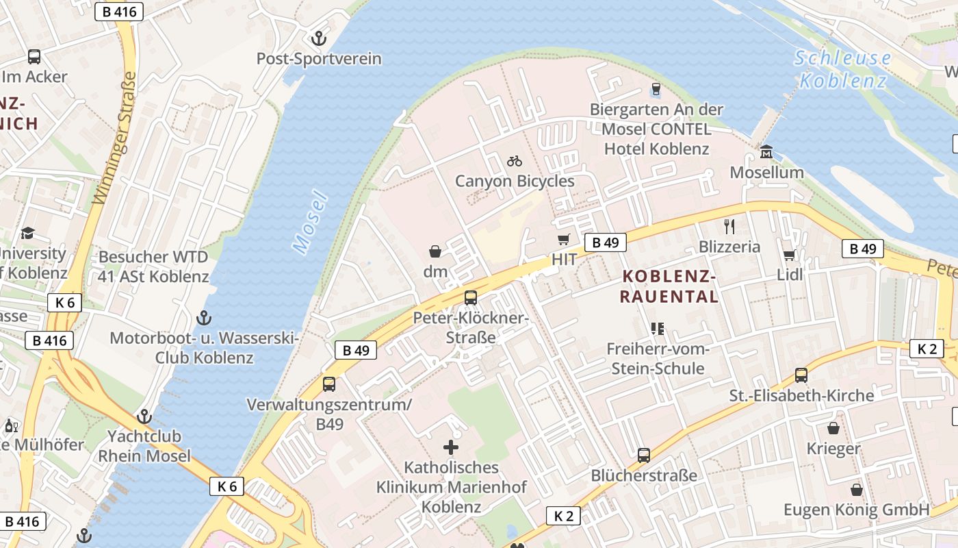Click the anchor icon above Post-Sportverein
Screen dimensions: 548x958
(x=319, y=38)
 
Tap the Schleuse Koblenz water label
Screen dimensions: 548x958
(x=843, y=69)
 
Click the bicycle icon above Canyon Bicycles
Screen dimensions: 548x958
(x=515, y=161)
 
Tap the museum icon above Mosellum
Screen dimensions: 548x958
(x=766, y=151)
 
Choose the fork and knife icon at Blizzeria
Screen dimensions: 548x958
(x=729, y=227)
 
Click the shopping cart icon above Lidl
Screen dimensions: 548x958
(x=789, y=255)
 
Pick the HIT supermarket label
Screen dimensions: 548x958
(x=565, y=260)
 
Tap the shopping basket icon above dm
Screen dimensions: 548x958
(x=435, y=251)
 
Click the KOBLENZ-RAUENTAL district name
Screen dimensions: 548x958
(x=669, y=286)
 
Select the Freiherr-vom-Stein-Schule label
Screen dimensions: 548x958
(x=655, y=359)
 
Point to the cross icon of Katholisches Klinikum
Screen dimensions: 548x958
(x=451, y=448)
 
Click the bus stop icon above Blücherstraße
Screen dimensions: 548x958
(x=643, y=456)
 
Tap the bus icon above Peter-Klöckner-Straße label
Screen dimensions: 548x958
(x=470, y=298)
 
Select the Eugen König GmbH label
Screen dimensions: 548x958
(x=856, y=510)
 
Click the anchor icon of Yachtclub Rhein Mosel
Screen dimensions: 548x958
(x=144, y=416)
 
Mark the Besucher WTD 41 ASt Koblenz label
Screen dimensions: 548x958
(x=153, y=267)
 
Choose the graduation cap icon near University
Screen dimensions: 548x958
(x=27, y=234)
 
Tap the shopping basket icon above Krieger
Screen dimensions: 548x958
(x=833, y=429)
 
